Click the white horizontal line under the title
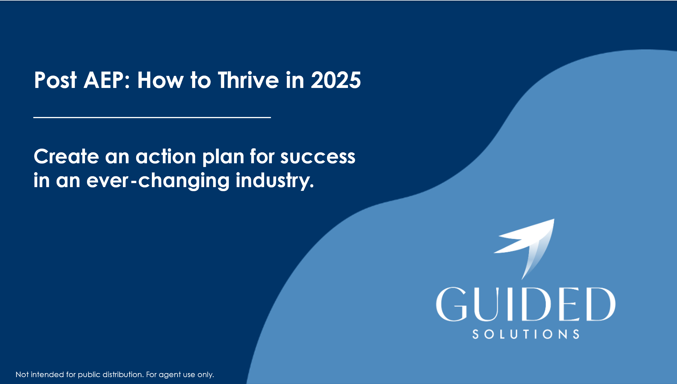(x=152, y=117)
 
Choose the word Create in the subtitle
(x=66, y=157)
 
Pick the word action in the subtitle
(x=166, y=157)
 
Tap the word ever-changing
(x=158, y=181)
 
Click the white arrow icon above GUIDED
(x=524, y=249)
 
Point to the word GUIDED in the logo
(x=525, y=304)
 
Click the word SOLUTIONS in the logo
(x=526, y=334)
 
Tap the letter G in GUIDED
(x=452, y=304)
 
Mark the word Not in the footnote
(x=22, y=375)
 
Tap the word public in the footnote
(x=89, y=375)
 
